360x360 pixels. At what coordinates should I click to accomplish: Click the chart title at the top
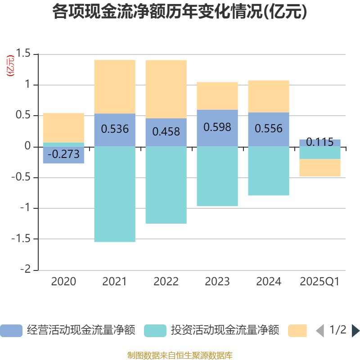(180, 12)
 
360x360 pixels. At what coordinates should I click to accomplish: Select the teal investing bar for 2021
(114, 194)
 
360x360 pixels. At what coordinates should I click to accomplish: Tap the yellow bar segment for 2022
(166, 89)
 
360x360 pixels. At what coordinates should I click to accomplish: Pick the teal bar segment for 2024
(268, 171)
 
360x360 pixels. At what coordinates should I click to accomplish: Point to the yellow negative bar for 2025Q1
(319, 168)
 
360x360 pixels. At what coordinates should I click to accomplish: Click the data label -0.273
(63, 155)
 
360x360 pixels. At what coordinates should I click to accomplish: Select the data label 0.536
(115, 129)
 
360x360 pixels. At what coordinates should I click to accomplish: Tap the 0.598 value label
(217, 127)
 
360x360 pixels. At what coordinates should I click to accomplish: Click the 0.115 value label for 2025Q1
(319, 143)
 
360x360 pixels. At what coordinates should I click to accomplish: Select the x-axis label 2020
(63, 282)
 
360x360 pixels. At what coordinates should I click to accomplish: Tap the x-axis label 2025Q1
(319, 282)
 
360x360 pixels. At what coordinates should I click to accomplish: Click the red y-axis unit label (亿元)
(10, 66)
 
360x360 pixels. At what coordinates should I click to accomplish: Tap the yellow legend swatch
(297, 331)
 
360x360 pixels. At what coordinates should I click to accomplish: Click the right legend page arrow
(355, 331)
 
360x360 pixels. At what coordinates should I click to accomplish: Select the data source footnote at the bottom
(180, 355)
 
